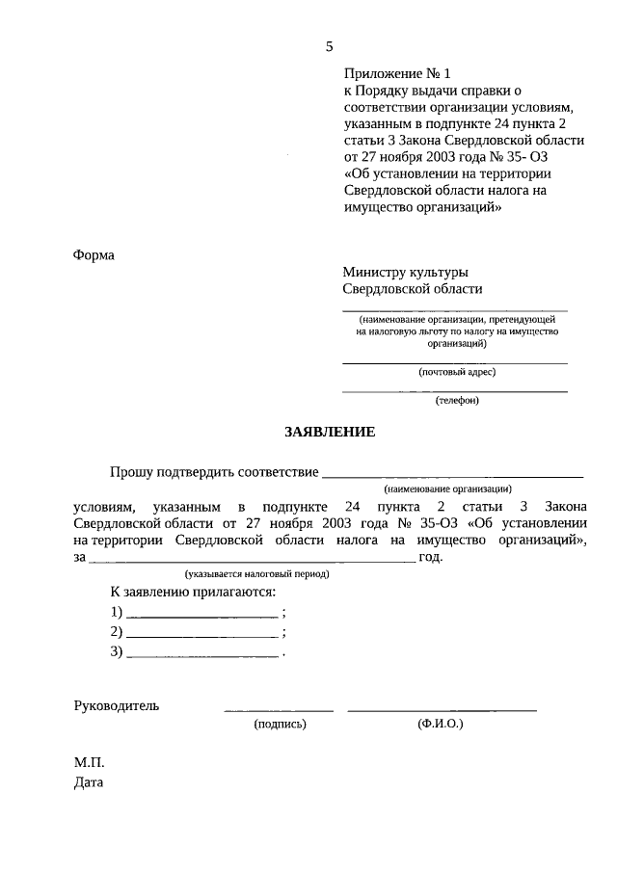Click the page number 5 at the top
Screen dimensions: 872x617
click(330, 46)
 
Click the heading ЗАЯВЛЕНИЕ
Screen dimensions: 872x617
click(330, 432)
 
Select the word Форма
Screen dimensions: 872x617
click(94, 255)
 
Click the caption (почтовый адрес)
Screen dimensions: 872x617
click(456, 372)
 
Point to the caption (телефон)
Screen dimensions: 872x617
click(456, 401)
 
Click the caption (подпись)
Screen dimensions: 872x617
click(280, 722)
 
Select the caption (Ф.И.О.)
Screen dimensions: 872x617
click(441, 722)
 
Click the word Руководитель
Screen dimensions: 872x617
click(117, 704)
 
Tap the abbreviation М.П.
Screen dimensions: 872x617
click(89, 762)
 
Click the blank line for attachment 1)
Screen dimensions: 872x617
click(202, 615)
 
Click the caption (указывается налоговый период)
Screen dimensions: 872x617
click(257, 573)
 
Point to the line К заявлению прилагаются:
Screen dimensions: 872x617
click(193, 591)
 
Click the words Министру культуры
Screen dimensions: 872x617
click(406, 272)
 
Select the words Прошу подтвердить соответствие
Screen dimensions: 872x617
click(213, 471)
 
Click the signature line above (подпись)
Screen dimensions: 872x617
click(279, 710)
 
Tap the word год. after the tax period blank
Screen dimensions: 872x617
click(430, 557)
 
